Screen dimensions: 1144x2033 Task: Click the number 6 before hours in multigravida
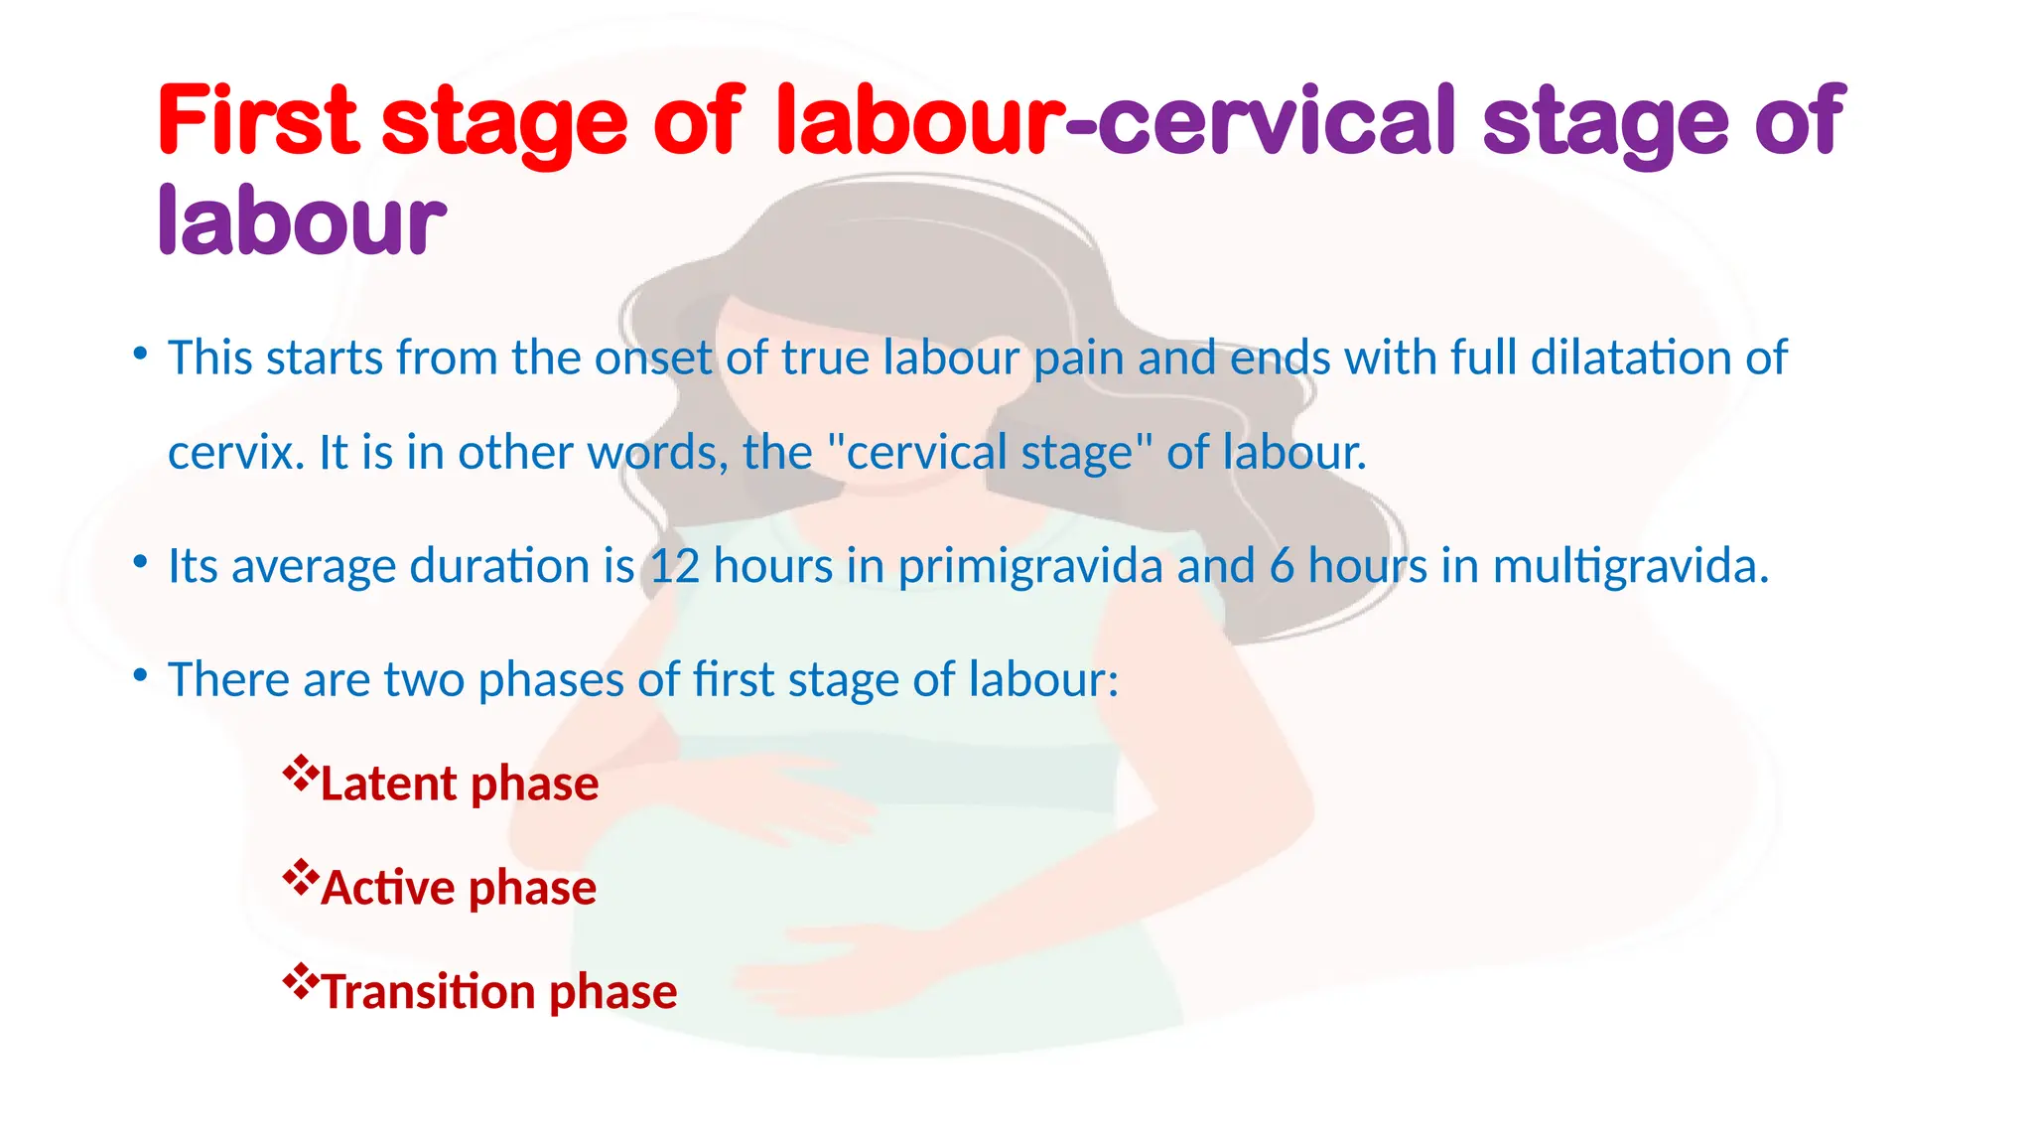coord(1282,566)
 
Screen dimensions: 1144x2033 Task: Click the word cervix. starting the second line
coord(236,453)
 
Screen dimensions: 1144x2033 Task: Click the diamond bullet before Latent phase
coord(299,772)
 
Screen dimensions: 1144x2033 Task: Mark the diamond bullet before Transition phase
coord(299,980)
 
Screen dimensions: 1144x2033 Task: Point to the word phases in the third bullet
coord(550,681)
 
